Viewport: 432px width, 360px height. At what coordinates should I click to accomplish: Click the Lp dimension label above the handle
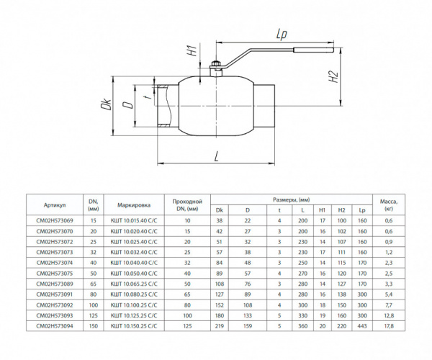tap(281, 34)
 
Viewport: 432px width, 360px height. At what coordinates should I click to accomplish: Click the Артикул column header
tap(54, 204)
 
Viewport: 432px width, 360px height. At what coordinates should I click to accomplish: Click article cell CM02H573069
tap(54, 220)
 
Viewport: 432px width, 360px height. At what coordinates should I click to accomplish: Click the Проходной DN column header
tap(186, 204)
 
